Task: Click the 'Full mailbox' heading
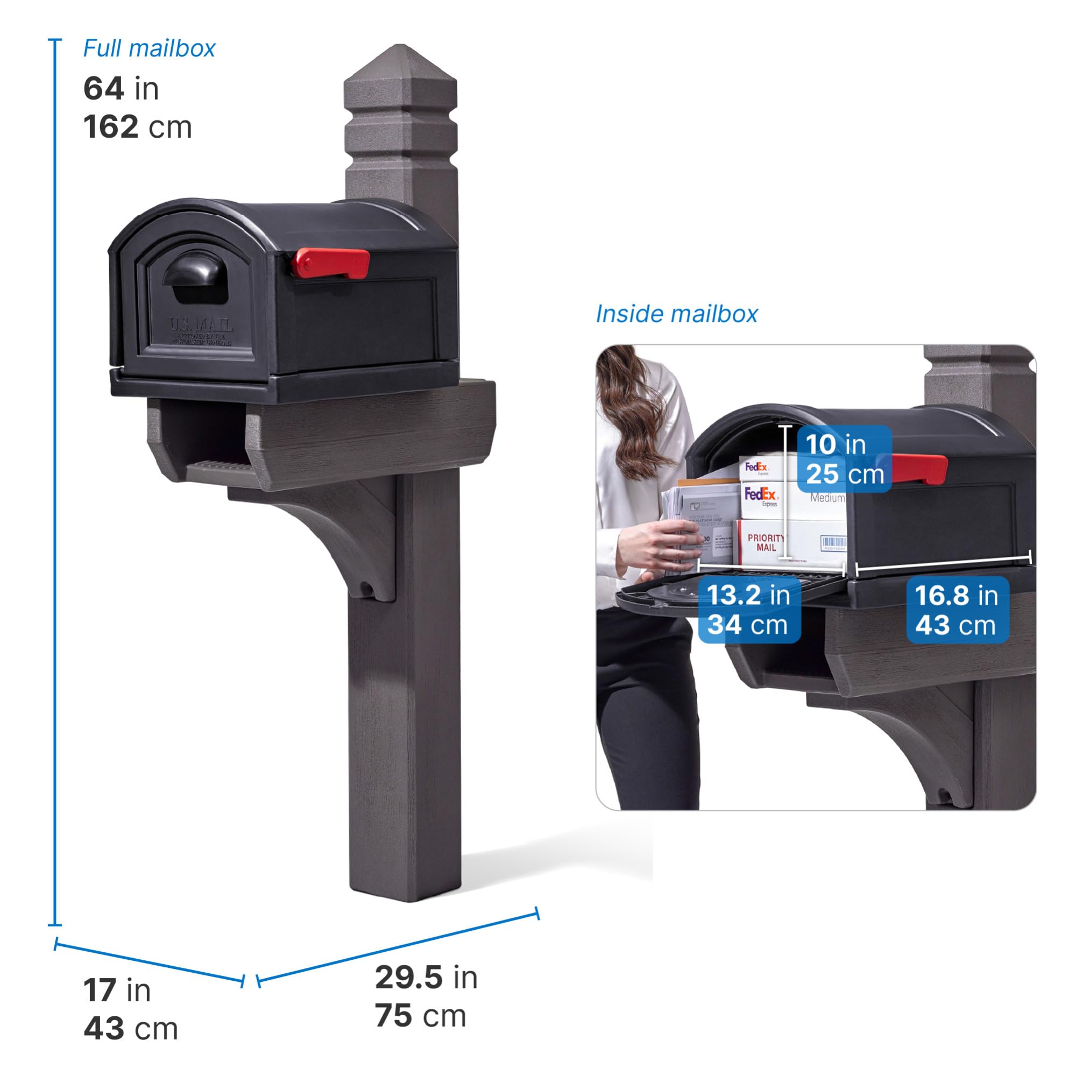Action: pyautogui.click(x=148, y=49)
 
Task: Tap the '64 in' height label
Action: pyautogui.click(x=121, y=89)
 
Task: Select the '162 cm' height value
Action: pyautogui.click(x=138, y=127)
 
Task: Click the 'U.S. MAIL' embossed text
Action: pyautogui.click(x=201, y=325)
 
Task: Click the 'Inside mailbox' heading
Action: pyautogui.click(x=676, y=314)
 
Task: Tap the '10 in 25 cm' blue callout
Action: pyautogui.click(x=844, y=459)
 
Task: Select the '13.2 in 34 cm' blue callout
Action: pyautogui.click(x=749, y=610)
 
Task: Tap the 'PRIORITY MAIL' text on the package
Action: pyautogui.click(x=766, y=542)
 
